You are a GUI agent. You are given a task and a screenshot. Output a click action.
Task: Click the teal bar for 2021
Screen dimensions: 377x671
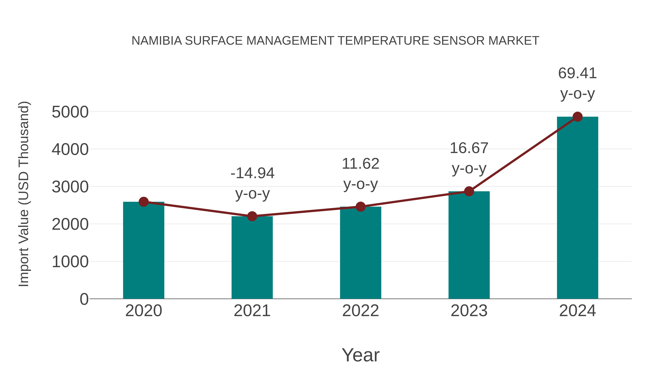click(252, 258)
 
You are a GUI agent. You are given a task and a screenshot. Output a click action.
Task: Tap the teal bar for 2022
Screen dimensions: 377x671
click(360, 253)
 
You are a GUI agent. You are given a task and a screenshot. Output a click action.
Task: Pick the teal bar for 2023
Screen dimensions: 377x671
click(469, 245)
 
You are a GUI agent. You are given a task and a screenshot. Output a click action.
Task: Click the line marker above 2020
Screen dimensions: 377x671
click(144, 202)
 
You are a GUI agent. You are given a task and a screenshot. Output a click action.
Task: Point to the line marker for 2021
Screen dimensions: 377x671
click(252, 216)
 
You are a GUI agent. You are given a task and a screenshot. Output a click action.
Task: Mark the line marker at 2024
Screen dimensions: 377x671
click(577, 117)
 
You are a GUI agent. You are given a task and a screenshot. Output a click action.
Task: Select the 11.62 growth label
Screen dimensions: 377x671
click(360, 164)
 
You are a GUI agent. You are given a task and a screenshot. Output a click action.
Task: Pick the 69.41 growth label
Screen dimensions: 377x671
click(577, 73)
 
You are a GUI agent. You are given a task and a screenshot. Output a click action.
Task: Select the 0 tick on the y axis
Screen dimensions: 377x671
click(84, 299)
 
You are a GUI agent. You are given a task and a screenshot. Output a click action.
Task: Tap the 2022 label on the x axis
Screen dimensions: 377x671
click(360, 311)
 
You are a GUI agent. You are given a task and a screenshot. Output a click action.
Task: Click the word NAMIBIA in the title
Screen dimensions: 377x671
click(157, 41)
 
